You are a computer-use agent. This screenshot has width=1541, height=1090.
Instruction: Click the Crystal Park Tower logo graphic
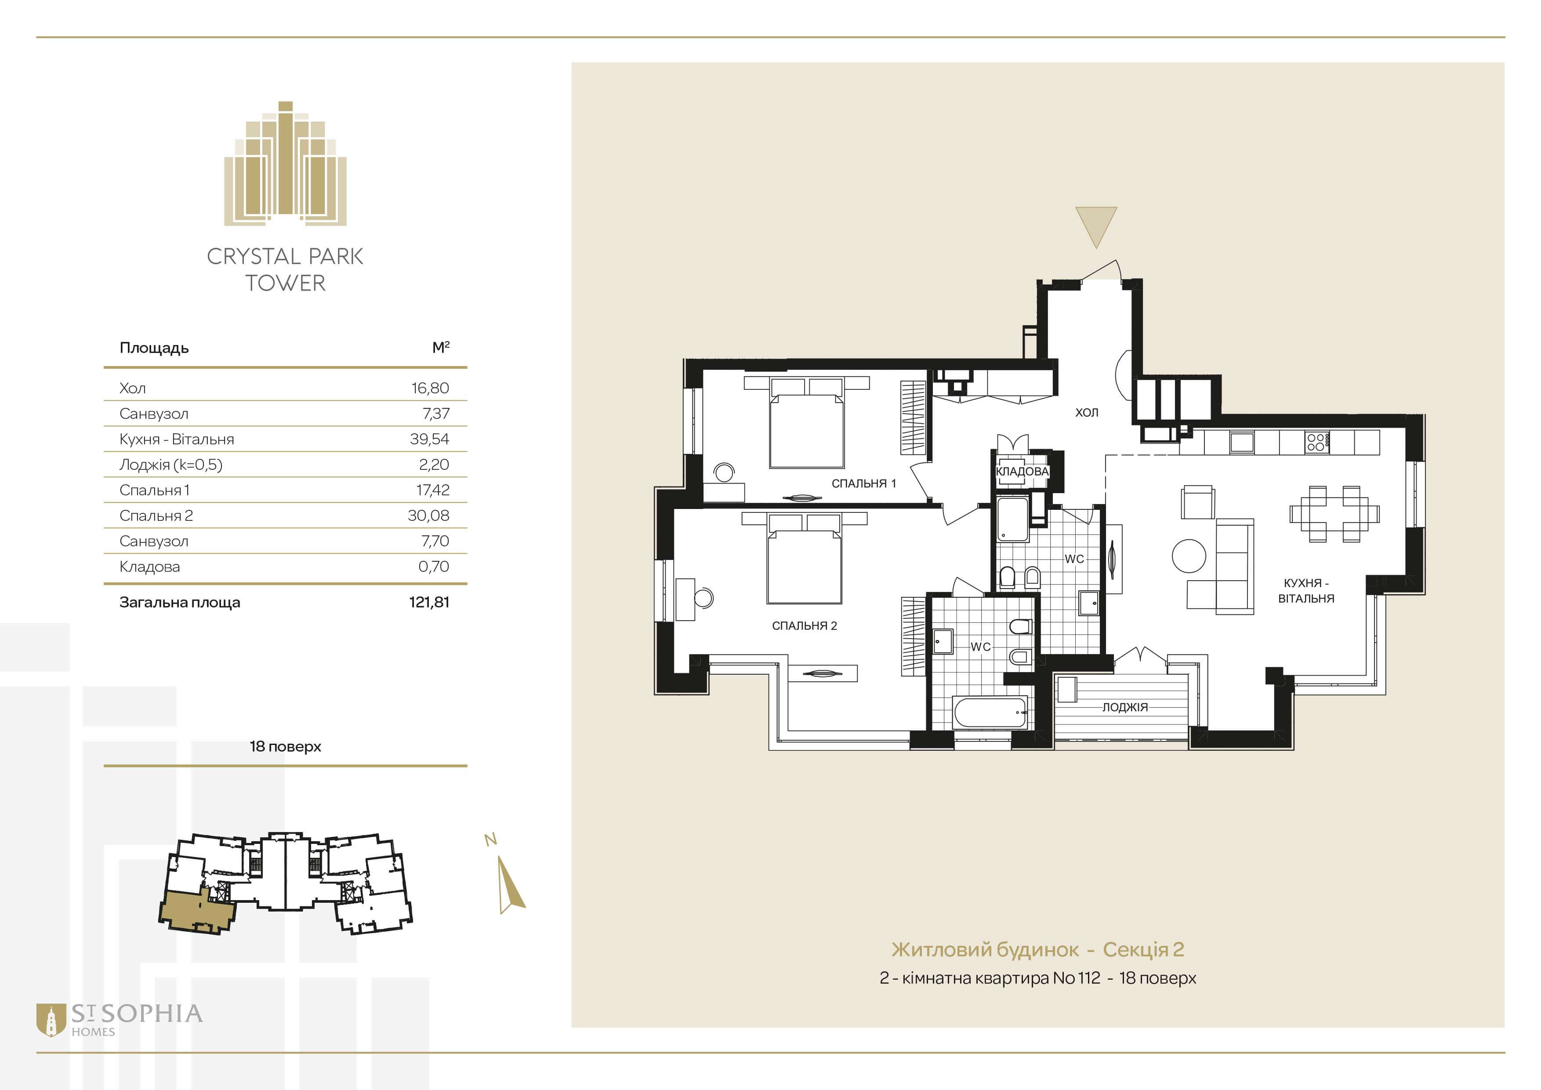coord(285,163)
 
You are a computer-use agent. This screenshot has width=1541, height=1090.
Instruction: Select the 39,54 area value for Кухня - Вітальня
coord(430,439)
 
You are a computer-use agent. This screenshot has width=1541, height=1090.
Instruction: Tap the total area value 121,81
coord(429,602)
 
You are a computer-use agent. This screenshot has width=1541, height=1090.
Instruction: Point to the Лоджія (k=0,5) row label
coord(170,465)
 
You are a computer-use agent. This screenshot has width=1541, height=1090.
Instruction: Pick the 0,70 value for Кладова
coord(434,567)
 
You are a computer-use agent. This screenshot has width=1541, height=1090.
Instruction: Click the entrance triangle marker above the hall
coord(1096,225)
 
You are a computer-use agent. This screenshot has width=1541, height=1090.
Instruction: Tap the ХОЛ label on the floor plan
coord(1087,412)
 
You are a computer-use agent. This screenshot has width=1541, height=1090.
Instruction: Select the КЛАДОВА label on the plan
coord(1022,471)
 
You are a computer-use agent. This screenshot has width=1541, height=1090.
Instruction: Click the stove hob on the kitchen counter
coord(1316,442)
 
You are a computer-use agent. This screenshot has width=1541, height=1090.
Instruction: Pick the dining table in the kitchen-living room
coord(1334,514)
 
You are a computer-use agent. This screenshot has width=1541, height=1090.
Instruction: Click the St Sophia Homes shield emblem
coord(51,1020)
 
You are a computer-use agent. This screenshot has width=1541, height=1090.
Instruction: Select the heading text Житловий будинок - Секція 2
coord(1037,950)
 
